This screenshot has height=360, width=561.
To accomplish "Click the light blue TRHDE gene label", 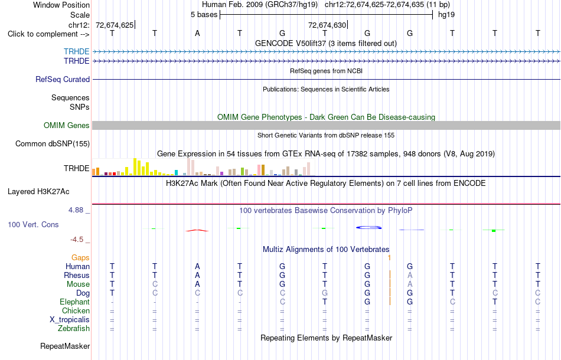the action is tap(77, 51).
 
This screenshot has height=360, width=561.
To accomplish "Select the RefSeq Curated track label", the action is tap(63, 79).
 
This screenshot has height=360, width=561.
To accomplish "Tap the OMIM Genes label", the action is tap(67, 126).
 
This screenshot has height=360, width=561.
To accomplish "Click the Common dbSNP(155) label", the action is tap(53, 144).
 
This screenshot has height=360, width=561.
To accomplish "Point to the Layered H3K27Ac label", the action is tap(38, 192).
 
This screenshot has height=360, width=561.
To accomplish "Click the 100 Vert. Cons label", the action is tap(33, 224).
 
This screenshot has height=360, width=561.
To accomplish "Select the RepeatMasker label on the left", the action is tap(65, 346).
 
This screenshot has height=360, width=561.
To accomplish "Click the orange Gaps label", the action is tap(80, 257).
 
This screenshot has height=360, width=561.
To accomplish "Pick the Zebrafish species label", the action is tap(74, 328).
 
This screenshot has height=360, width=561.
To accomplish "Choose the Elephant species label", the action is tap(75, 302).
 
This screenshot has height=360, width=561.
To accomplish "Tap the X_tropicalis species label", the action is tap(70, 320).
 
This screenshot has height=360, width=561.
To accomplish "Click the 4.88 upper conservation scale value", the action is tap(76, 210).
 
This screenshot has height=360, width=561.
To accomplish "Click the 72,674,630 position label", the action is tap(327, 25).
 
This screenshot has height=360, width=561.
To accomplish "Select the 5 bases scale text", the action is tap(204, 15).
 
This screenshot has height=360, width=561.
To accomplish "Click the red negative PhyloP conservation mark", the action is tap(197, 230).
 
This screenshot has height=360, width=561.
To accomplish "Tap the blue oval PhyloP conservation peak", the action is tap(368, 227).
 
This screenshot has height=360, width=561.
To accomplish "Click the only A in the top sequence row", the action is tap(197, 33).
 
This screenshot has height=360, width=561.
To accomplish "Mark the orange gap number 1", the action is tap(389, 257).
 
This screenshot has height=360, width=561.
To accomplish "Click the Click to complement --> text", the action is tap(48, 34).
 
